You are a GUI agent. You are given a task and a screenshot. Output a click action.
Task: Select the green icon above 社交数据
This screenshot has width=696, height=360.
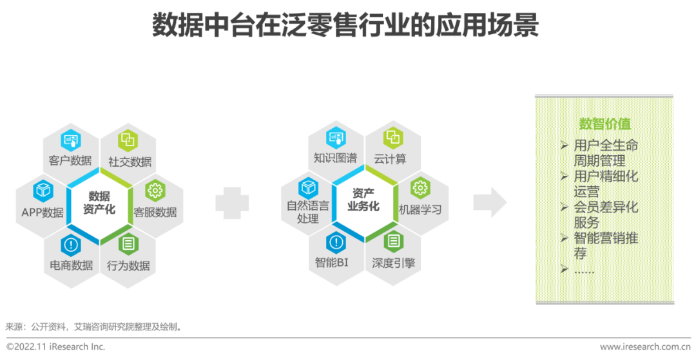[x=128, y=140]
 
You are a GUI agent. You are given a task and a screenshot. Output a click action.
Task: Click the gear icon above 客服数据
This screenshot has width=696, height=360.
[x=155, y=191]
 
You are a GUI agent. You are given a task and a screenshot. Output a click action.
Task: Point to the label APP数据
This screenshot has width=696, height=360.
[x=43, y=213]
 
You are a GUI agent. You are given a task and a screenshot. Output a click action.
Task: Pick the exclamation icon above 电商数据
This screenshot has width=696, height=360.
[x=70, y=245]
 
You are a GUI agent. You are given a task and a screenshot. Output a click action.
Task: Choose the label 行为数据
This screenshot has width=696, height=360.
[x=128, y=265]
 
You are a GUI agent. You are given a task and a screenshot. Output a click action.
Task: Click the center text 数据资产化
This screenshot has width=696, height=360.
[x=99, y=203]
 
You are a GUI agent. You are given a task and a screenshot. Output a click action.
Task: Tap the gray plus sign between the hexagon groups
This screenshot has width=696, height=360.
[x=232, y=203]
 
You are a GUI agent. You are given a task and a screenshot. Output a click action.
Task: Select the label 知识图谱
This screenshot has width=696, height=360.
[x=335, y=158]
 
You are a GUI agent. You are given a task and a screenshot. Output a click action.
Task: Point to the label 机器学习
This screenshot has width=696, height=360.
[x=420, y=210]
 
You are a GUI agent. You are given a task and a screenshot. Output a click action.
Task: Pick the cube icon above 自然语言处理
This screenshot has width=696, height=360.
[x=308, y=188]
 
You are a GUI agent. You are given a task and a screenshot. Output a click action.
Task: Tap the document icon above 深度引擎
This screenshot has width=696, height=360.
[x=392, y=242]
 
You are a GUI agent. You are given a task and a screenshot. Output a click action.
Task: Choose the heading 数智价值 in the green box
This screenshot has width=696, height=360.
[x=604, y=124]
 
